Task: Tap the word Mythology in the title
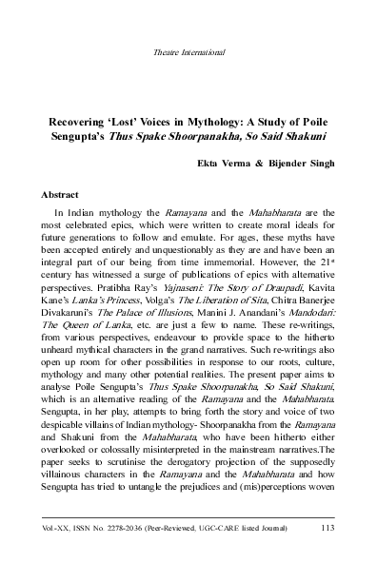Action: click(230, 124)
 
